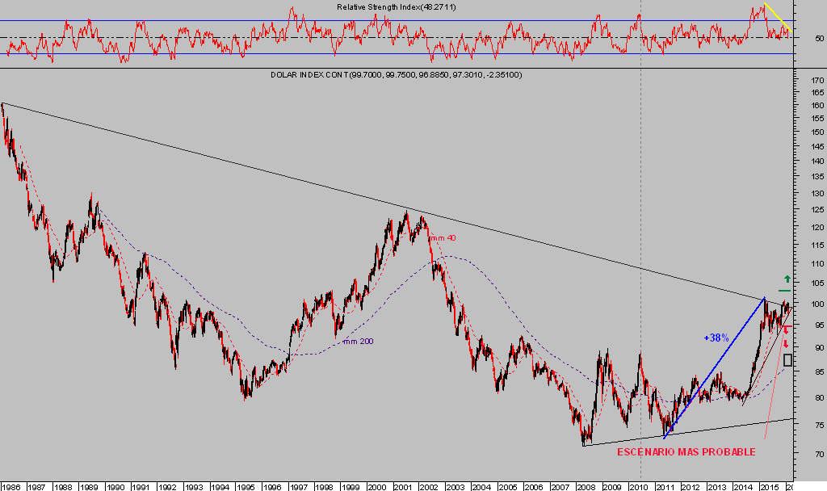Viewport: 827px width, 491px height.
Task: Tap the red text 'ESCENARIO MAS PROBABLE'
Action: pyautogui.click(x=686, y=451)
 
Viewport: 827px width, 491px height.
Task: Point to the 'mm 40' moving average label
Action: pyautogui.click(x=442, y=237)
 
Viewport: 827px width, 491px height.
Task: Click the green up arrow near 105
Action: pyautogui.click(x=787, y=279)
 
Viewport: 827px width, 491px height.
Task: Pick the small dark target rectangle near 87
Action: pyautogui.click(x=787, y=360)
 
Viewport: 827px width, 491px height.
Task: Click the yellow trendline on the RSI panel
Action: pyautogui.click(x=778, y=19)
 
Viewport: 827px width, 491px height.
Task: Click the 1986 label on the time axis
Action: pyautogui.click(x=11, y=486)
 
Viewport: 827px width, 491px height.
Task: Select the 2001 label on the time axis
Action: pyautogui.click(x=402, y=486)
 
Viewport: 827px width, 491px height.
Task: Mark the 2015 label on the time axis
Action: pyautogui.click(x=768, y=486)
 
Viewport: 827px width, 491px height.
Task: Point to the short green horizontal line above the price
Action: pyautogui.click(x=784, y=290)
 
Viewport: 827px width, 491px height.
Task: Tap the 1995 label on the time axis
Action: pyautogui.click(x=246, y=486)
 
